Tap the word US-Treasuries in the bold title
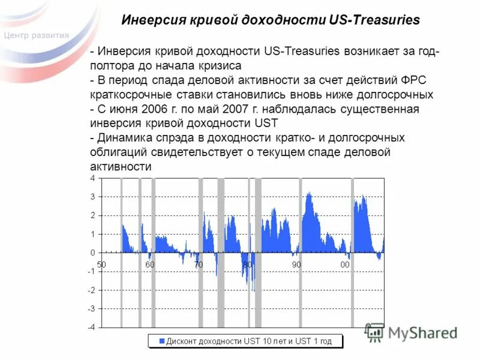375,20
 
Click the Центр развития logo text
36,35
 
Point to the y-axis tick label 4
92,178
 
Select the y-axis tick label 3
92,197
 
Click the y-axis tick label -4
91,328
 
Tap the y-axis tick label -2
91,290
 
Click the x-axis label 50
101,265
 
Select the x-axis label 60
149,265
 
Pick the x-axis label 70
198,265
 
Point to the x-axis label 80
247,265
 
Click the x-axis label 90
296,265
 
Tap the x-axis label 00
345,265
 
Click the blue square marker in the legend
161,341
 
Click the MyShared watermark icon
375,332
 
